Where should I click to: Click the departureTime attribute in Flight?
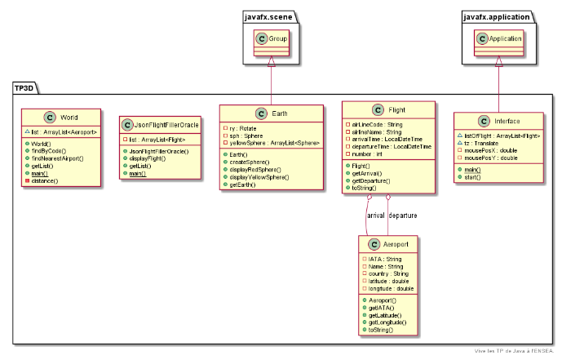click(392, 146)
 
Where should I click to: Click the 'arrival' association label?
click(376, 216)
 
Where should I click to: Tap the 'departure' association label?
click(409, 216)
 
